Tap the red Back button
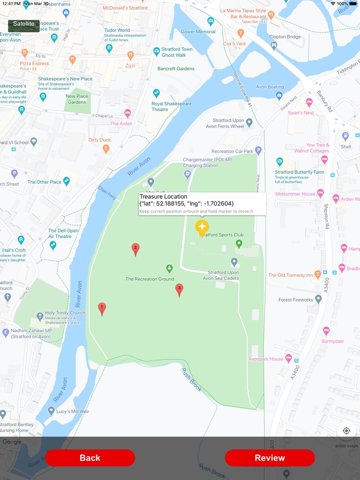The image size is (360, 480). tap(90, 458)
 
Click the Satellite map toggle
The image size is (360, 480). tap(23, 24)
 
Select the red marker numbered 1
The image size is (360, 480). tap(102, 308)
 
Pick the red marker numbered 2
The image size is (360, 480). tap(135, 249)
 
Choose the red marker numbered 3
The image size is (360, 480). tap(179, 289)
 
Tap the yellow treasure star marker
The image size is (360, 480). tap(202, 227)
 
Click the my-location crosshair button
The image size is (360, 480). tap(346, 431)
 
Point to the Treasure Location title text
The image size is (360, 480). tap(163, 197)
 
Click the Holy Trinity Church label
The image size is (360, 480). tap(65, 313)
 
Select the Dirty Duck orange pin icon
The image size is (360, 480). tap(106, 149)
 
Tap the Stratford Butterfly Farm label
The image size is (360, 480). tap(299, 172)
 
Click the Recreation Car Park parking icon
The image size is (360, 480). tap(258, 150)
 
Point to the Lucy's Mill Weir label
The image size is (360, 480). tap(73, 412)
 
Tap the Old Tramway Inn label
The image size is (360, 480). tap(290, 275)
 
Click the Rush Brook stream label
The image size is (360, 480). tap(191, 380)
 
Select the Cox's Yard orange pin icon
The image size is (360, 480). tap(241, 33)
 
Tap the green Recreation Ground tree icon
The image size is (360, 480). tap(170, 269)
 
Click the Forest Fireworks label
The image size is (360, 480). tap(295, 300)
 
